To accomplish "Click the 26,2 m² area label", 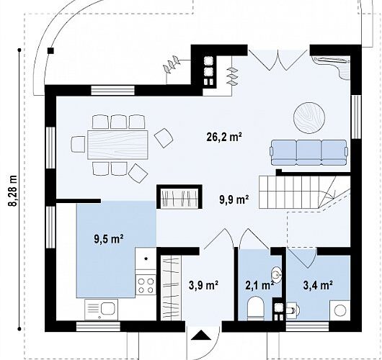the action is click(224, 138).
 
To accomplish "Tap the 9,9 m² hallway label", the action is click(234, 200).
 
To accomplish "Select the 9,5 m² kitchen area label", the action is click(108, 239).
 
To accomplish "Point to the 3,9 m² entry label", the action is click(203, 285).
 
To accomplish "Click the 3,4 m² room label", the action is click(318, 285).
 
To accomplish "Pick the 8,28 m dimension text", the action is click(14, 191).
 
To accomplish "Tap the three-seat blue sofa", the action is click(308, 153).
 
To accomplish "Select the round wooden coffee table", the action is click(309, 118).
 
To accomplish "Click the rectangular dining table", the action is click(118, 145).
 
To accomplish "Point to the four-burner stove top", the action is click(146, 285).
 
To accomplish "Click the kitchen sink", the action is click(101, 310).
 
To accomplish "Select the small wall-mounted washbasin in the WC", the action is click(277, 275).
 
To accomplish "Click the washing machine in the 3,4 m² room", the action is click(340, 310).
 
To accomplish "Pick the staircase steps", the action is click(304, 192).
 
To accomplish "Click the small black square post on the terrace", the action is click(50, 50).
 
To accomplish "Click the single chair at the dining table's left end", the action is click(78, 144).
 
